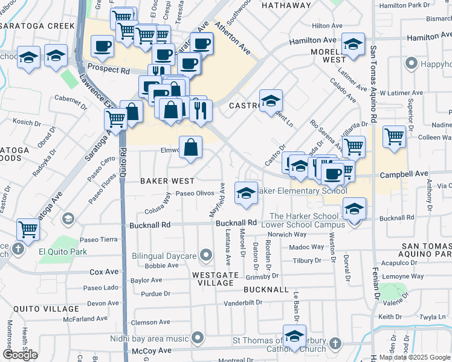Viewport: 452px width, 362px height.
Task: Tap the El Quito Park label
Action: [x=63, y=252]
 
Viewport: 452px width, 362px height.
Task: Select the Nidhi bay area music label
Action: [x=149, y=338]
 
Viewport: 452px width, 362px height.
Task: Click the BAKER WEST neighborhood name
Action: [x=167, y=181]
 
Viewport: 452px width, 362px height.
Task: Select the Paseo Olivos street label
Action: [x=195, y=194]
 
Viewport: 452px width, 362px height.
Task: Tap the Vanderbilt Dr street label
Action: [x=245, y=303]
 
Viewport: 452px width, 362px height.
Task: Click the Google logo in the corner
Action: [x=20, y=355]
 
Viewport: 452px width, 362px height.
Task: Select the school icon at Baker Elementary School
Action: [x=245, y=193]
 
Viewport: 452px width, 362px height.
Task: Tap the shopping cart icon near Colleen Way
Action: [x=394, y=136]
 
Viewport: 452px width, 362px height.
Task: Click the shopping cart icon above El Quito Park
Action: [x=28, y=229]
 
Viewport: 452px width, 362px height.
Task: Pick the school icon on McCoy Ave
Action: [x=294, y=336]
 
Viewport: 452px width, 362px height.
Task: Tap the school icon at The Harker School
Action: [x=354, y=209]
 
